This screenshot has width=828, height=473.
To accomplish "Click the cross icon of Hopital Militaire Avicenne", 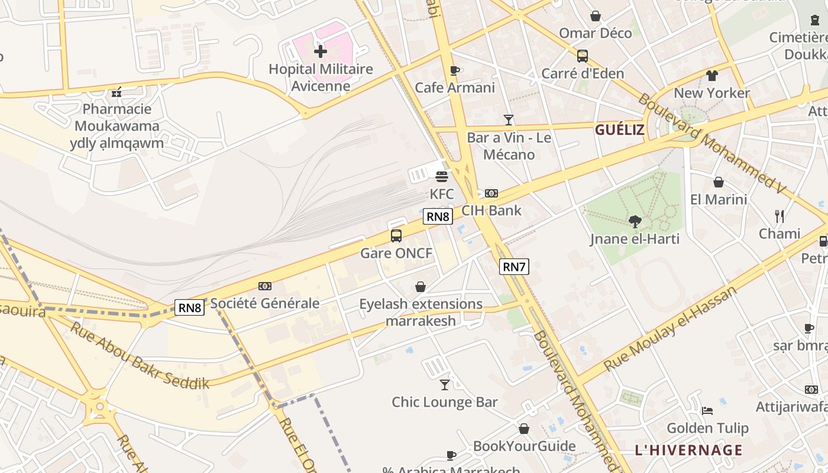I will tap(321, 51).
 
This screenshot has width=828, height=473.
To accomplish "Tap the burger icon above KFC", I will tap(442, 176).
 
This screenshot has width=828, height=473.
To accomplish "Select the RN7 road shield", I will tap(513, 267).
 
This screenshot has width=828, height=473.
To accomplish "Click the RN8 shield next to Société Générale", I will tap(190, 307).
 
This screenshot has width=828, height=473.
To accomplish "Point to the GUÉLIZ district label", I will tap(619, 130).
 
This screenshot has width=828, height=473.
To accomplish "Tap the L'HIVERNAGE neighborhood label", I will tap(688, 450).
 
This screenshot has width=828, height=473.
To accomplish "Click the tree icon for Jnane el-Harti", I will tap(635, 222).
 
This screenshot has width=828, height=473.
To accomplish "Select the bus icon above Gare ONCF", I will tap(396, 236).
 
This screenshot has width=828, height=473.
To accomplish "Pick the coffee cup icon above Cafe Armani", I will tap(454, 71).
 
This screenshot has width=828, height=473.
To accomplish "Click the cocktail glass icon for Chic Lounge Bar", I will tap(445, 385).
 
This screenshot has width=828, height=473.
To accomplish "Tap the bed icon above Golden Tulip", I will tap(707, 411).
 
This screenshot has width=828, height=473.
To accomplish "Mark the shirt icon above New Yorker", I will tap(711, 76).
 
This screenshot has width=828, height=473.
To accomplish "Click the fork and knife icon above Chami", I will tap(780, 216).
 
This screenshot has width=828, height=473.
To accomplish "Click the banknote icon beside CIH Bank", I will tap(491, 193).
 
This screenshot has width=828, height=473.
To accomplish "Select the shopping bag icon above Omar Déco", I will tap(596, 16).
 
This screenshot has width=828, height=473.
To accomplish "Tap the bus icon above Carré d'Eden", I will tap(583, 56).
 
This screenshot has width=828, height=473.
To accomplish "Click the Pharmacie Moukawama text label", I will tap(117, 117).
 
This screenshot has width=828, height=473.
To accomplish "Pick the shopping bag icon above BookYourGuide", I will tap(524, 429).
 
